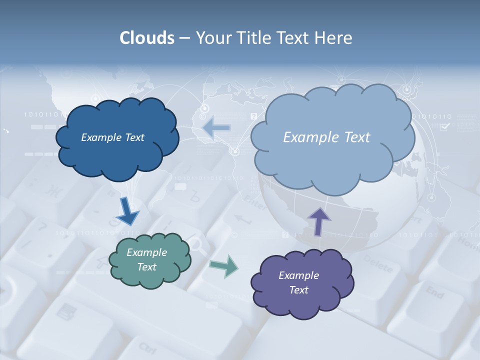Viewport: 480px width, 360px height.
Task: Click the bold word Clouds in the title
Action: pos(147,38)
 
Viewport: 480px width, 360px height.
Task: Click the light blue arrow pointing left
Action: pos(217,128)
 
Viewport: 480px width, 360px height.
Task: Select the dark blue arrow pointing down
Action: pos(127,212)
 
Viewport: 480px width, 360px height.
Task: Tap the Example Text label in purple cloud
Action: pos(298,282)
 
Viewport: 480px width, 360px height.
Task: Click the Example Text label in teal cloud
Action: pos(146,259)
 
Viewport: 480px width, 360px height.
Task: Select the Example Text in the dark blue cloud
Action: pos(112,137)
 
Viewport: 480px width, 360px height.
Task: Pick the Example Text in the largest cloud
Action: pos(326,137)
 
